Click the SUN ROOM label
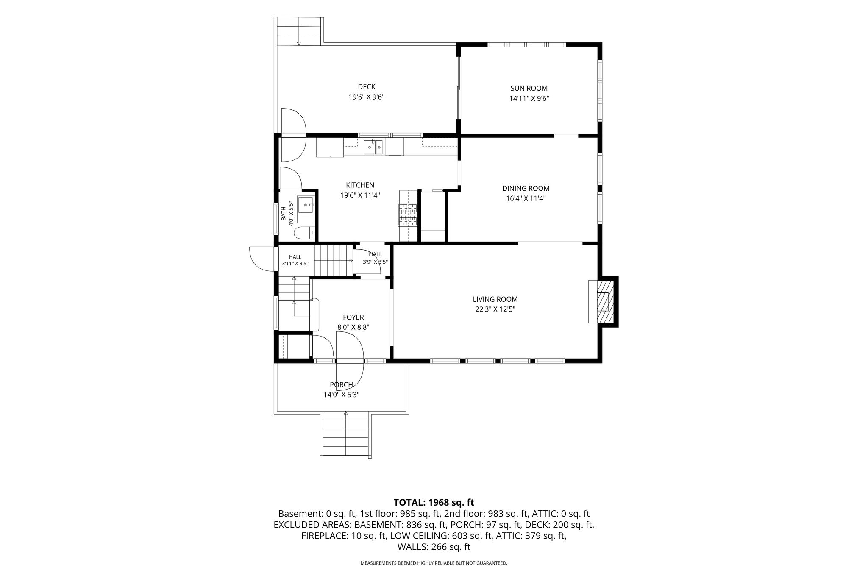529,89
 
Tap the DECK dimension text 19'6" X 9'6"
367,97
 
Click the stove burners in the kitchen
408,214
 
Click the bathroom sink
306,205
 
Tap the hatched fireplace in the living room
602,301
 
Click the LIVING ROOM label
495,300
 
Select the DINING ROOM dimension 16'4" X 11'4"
526,198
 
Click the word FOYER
353,317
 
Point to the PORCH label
342,385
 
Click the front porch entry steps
346,434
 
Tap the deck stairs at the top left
299,31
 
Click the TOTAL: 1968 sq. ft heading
434,503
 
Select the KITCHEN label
360,185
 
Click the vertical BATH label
284,214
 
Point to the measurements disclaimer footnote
434,563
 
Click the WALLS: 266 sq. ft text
434,547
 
